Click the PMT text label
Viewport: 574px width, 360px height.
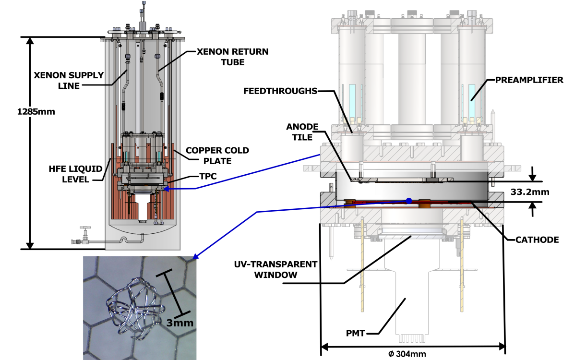point(356,333)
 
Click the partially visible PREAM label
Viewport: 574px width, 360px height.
point(509,80)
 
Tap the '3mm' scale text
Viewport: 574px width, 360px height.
point(180,323)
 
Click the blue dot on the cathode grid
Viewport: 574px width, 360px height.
point(409,201)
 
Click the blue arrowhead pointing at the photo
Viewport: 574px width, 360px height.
point(195,257)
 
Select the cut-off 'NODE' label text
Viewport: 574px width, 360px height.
point(305,127)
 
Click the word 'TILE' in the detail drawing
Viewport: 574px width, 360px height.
point(303,137)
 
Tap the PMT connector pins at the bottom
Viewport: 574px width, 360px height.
point(412,338)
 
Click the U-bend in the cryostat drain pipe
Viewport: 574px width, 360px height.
point(124,239)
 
